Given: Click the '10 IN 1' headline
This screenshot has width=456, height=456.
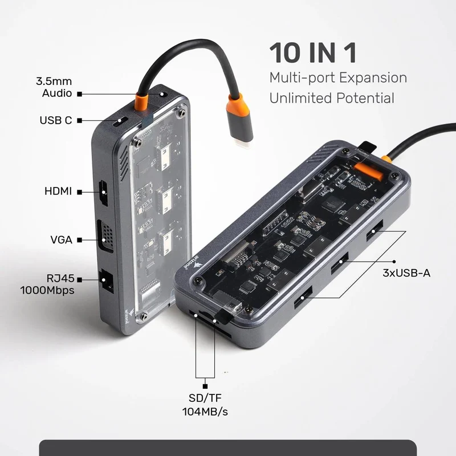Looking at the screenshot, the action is (313, 52).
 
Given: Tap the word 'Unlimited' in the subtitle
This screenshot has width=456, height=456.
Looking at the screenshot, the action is (300, 97).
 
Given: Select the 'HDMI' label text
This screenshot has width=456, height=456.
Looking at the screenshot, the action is (58, 191).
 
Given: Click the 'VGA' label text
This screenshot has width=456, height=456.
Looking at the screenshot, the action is (62, 239).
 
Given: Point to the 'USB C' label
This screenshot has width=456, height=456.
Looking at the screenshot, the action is (56, 120).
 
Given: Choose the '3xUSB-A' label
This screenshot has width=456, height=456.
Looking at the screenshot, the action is (406, 273).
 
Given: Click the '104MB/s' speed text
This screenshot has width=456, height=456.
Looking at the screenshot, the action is (205, 412).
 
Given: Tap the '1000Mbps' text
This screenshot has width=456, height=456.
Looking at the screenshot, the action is (47, 290).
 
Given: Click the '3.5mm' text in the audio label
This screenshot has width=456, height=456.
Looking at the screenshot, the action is (54, 81).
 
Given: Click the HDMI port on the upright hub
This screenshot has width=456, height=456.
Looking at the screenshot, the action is (103, 193).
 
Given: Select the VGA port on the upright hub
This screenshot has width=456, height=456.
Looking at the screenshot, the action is (105, 237).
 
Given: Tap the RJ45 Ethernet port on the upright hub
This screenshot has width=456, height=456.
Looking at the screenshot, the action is (106, 281).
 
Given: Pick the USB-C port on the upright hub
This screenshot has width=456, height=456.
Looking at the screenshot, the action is (120, 121).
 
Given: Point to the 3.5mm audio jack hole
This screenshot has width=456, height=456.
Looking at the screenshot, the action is (163, 95).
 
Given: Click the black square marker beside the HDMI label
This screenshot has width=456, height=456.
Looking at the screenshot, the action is (79, 192).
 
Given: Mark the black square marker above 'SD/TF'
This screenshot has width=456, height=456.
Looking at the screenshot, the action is (205, 386).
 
